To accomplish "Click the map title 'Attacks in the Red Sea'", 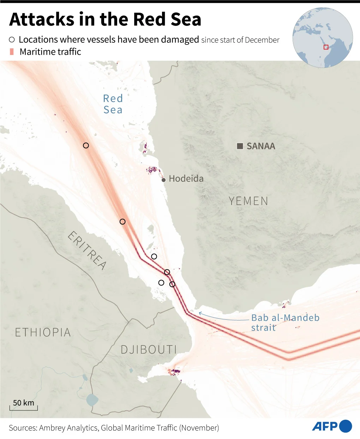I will [x=105, y=19].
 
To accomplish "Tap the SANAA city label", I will [x=260, y=146].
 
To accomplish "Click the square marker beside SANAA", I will [x=240, y=146].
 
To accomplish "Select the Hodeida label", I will [x=186, y=179].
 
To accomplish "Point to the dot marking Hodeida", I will [x=163, y=180].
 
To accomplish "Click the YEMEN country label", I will [x=248, y=201].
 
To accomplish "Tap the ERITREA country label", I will [x=87, y=250].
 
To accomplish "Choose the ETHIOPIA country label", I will [x=43, y=332].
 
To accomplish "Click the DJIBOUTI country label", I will [x=148, y=350].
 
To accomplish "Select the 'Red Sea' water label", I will [x=113, y=104].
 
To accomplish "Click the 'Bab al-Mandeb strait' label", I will [x=285, y=322].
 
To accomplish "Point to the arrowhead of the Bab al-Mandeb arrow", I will [x=200, y=313].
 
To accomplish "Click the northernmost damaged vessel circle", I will [x=86, y=145].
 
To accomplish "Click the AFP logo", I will [x=332, y=426].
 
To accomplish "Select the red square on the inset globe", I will [x=326, y=47].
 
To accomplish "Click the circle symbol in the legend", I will [x=12, y=40].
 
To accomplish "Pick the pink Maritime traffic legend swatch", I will [x=12, y=52].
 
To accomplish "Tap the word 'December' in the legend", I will [x=262, y=40].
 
